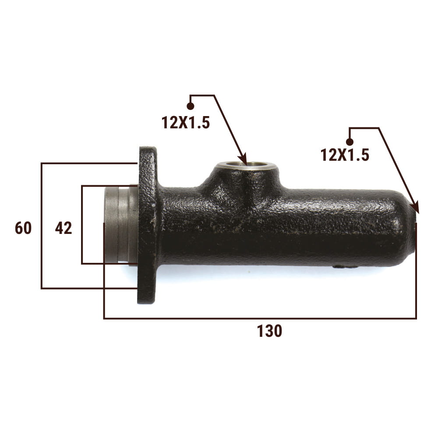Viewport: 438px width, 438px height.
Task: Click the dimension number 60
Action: click(x=23, y=228)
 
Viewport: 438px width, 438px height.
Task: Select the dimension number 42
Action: click(x=64, y=228)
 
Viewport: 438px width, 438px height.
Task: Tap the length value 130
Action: click(x=269, y=331)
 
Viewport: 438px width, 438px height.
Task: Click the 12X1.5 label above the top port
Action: click(x=185, y=123)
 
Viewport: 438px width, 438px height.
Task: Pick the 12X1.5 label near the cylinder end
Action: click(x=345, y=155)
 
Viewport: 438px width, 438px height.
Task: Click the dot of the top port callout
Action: click(x=191, y=106)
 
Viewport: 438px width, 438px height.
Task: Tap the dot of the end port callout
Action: click(x=350, y=142)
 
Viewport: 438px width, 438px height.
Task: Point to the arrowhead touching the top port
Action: click(x=243, y=160)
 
